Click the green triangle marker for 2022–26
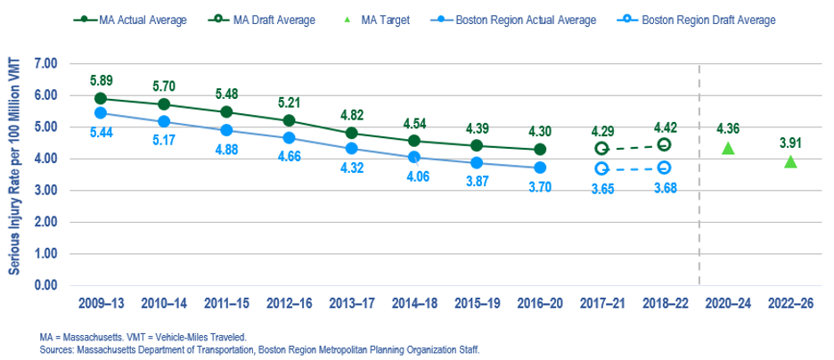point(790,161)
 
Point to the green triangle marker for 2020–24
point(728,148)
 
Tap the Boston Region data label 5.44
point(102,132)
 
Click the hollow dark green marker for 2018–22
point(664,145)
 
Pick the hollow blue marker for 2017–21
point(601,168)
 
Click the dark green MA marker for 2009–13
point(101,99)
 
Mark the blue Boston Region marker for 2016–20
point(539,168)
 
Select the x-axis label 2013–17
point(351,304)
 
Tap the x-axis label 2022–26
point(790,304)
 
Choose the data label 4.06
point(413,176)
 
